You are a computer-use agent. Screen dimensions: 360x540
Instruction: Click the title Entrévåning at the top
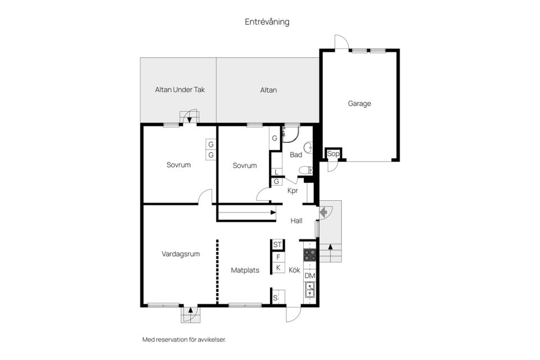click(x=267, y=22)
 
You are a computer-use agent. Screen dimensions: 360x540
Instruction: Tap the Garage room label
click(x=359, y=103)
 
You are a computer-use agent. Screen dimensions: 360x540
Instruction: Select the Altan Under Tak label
click(x=177, y=90)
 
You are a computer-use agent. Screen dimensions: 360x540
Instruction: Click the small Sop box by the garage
click(x=333, y=154)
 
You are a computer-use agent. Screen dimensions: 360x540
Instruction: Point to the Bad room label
click(x=296, y=155)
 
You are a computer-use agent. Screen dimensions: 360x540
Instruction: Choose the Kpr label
click(x=292, y=191)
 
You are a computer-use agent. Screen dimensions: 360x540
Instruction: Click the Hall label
click(x=296, y=221)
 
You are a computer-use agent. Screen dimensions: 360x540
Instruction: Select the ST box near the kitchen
click(x=277, y=245)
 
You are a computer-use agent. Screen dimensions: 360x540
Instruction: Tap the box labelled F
click(x=278, y=257)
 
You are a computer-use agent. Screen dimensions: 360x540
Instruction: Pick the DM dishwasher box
click(x=309, y=276)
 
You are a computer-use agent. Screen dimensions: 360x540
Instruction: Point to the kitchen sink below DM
click(x=309, y=290)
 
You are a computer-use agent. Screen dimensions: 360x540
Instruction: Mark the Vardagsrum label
click(x=181, y=254)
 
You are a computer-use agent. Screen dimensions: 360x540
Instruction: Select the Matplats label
click(x=245, y=270)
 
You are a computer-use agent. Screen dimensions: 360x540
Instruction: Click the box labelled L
click(x=277, y=173)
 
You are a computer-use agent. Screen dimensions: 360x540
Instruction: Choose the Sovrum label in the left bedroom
click(x=179, y=165)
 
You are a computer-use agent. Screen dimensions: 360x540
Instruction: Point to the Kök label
click(x=295, y=270)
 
